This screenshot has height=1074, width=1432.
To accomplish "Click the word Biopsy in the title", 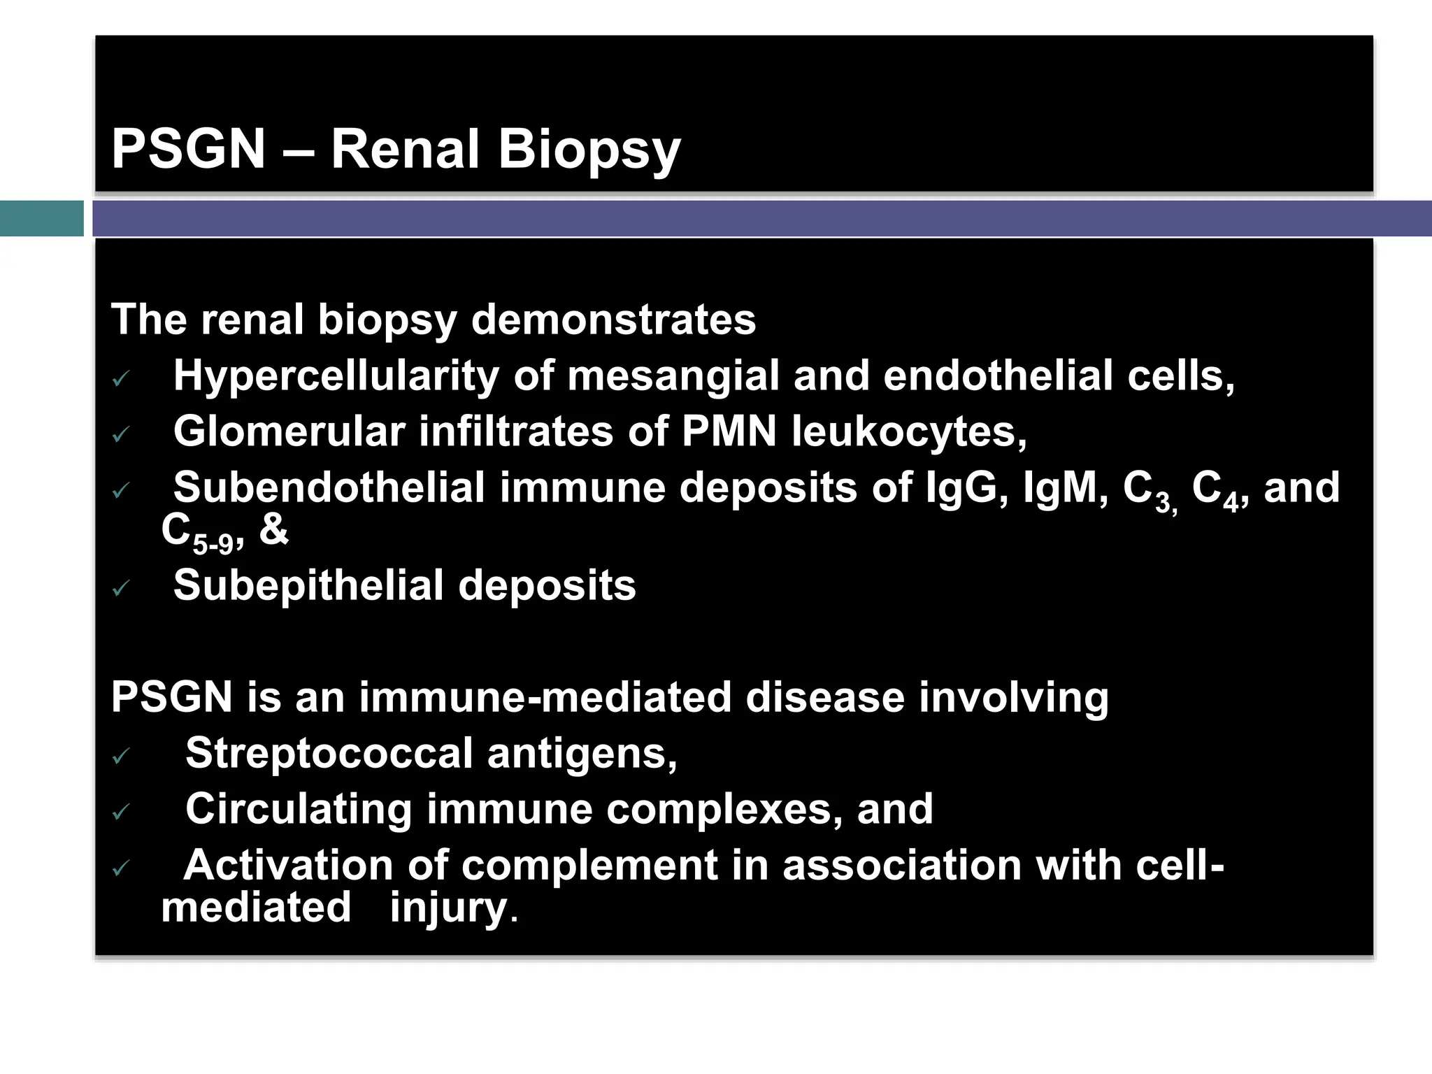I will pyautogui.click(x=589, y=150).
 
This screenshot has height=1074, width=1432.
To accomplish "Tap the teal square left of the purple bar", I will pyautogui.click(x=41, y=218).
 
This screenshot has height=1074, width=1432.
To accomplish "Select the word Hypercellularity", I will pyautogui.click(x=336, y=376).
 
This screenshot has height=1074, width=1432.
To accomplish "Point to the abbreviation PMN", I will pyautogui.click(x=729, y=431).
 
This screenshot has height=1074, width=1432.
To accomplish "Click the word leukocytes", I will pyautogui.click(x=909, y=431).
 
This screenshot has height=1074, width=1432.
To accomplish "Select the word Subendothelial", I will pyautogui.click(x=329, y=487).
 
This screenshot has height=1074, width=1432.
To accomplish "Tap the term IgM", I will pyautogui.click(x=1064, y=487).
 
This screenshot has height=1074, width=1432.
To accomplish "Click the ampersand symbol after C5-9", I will pyautogui.click(x=273, y=529).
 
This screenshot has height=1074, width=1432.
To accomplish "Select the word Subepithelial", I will pyautogui.click(x=308, y=585).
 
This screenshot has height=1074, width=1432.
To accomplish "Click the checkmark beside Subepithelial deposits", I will pyautogui.click(x=121, y=588).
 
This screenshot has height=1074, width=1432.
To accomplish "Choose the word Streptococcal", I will pyautogui.click(x=329, y=754).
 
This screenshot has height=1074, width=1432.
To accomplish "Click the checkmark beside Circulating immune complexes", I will pyautogui.click(x=121, y=812).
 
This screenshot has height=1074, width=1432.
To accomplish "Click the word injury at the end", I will pyautogui.click(x=448, y=908).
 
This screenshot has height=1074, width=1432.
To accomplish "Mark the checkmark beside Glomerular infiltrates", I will pyautogui.click(x=121, y=435).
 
